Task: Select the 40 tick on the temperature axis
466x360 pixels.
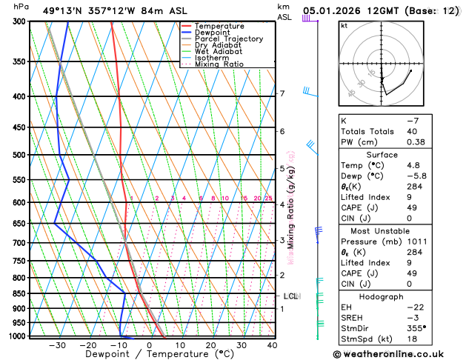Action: coord(272,344)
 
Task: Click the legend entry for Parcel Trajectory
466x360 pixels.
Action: coord(228,39)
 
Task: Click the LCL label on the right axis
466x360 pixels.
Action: coord(290,296)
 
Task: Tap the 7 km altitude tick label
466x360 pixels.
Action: coord(282,93)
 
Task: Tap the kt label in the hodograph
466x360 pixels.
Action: coord(344,26)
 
